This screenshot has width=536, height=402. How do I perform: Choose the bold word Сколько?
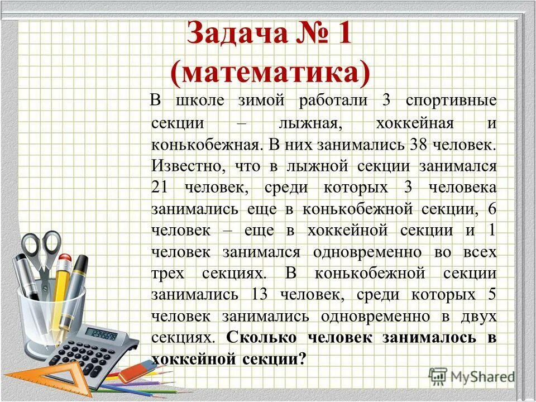257,338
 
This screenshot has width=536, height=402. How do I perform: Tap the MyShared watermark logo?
472,376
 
